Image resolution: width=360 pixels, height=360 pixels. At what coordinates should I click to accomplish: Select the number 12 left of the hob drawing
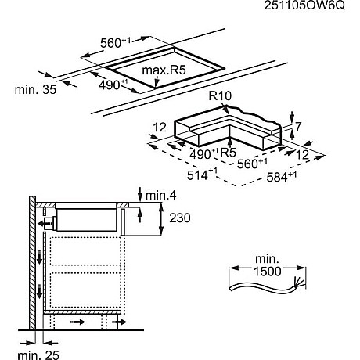(x=158, y=127)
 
